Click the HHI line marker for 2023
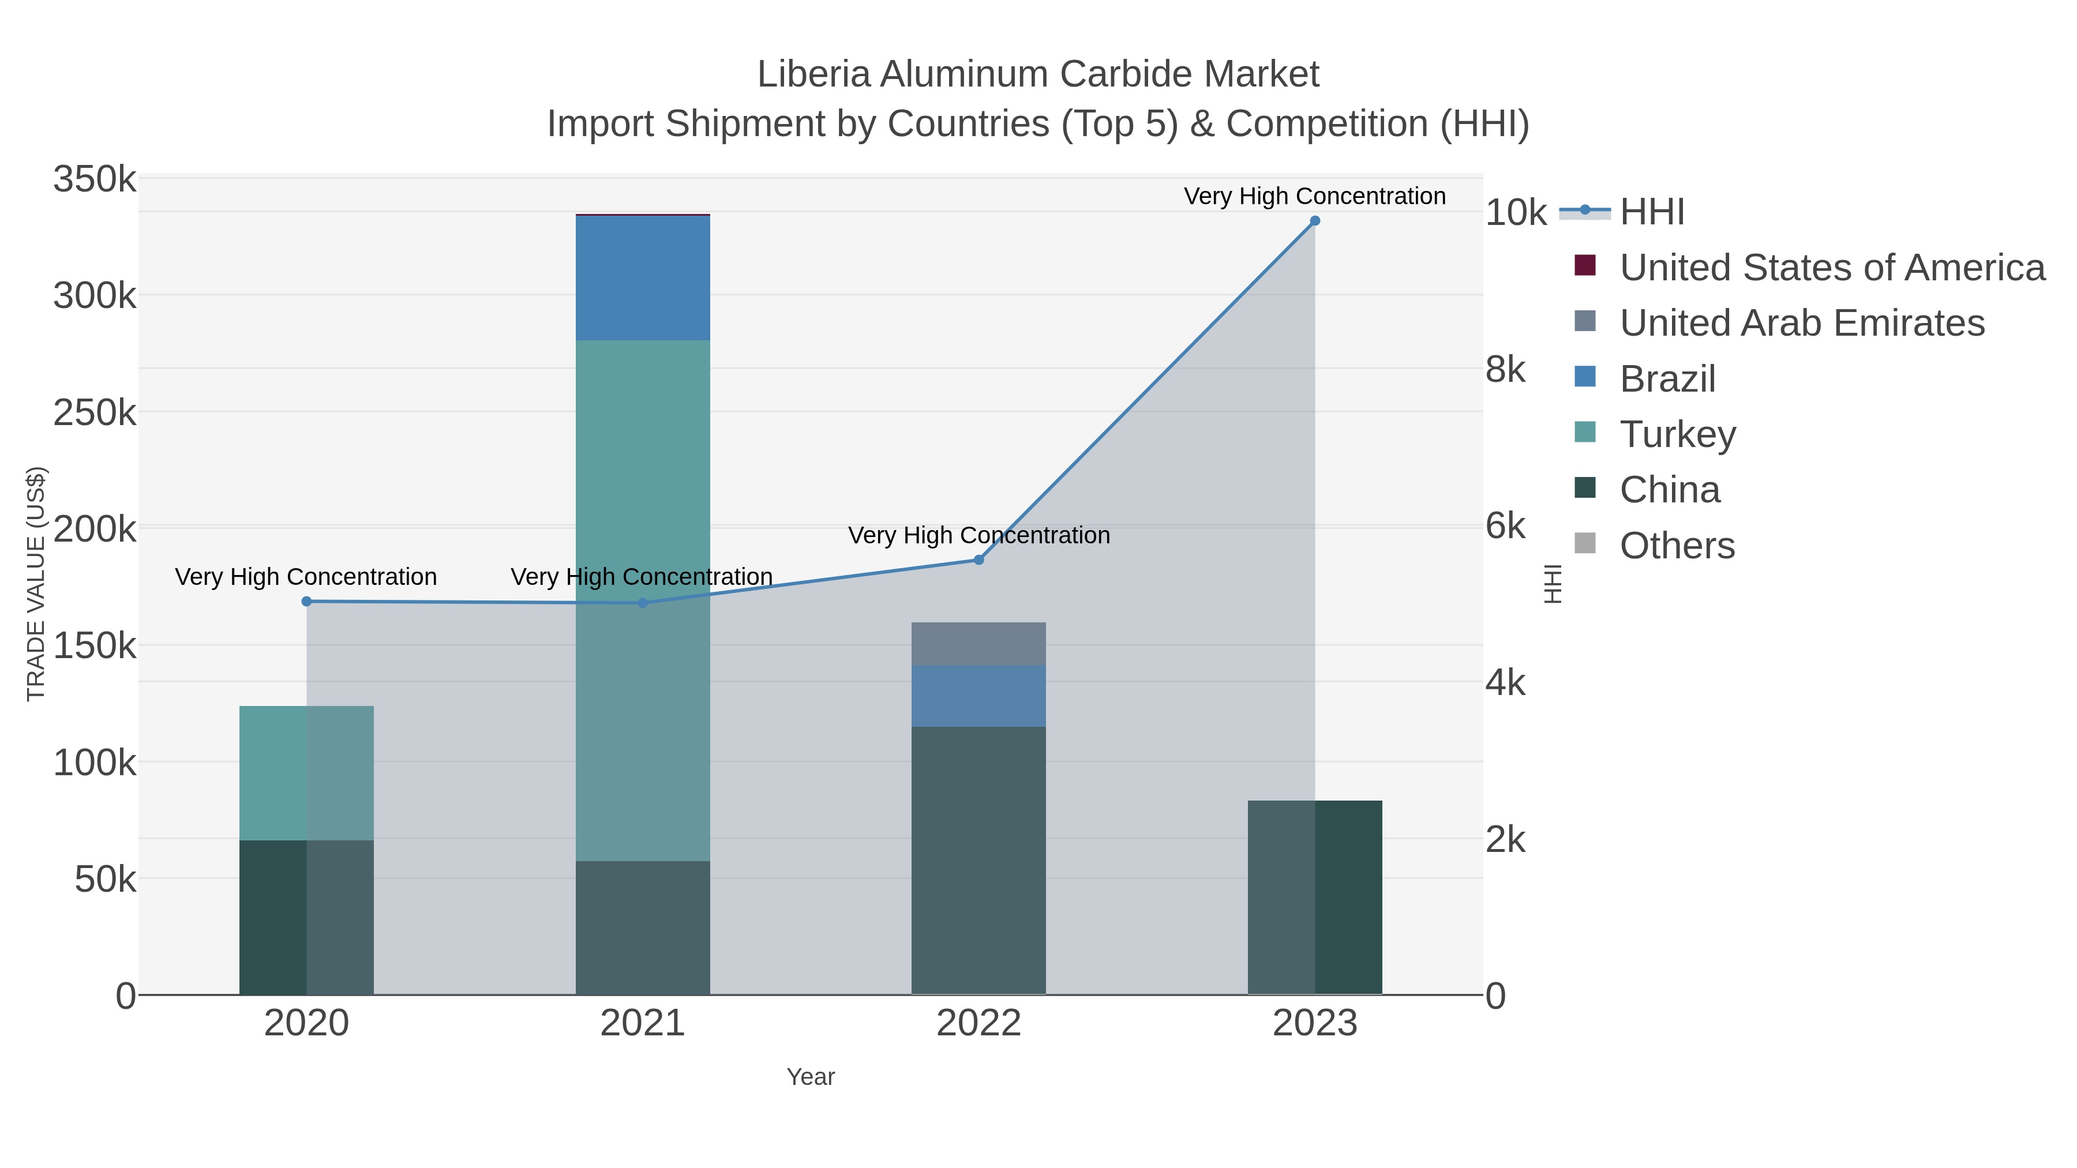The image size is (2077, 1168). [x=1315, y=221]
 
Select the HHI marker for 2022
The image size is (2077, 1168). [x=979, y=559]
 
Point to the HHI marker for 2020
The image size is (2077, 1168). [x=306, y=602]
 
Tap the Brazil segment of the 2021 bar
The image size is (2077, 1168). [x=643, y=278]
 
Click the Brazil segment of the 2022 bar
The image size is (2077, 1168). [x=979, y=696]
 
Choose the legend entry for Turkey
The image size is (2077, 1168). [x=1677, y=434]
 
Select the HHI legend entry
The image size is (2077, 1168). [x=1651, y=212]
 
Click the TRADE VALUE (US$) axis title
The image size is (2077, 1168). [x=36, y=584]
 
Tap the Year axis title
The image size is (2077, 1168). [x=811, y=1077]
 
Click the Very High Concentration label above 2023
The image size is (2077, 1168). [x=1314, y=196]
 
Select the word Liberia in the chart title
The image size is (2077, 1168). [x=813, y=74]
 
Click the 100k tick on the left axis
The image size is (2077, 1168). [x=95, y=763]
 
